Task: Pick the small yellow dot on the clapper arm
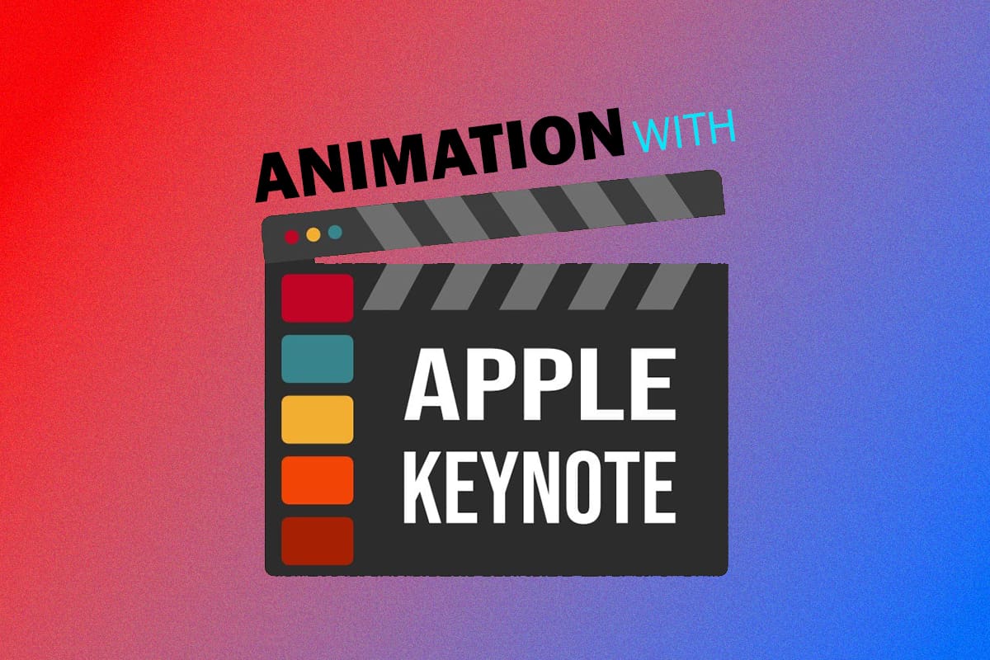click(313, 234)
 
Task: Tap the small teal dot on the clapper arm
click(335, 231)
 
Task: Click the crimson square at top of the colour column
click(318, 298)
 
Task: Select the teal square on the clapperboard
click(318, 359)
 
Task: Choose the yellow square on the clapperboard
click(318, 419)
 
